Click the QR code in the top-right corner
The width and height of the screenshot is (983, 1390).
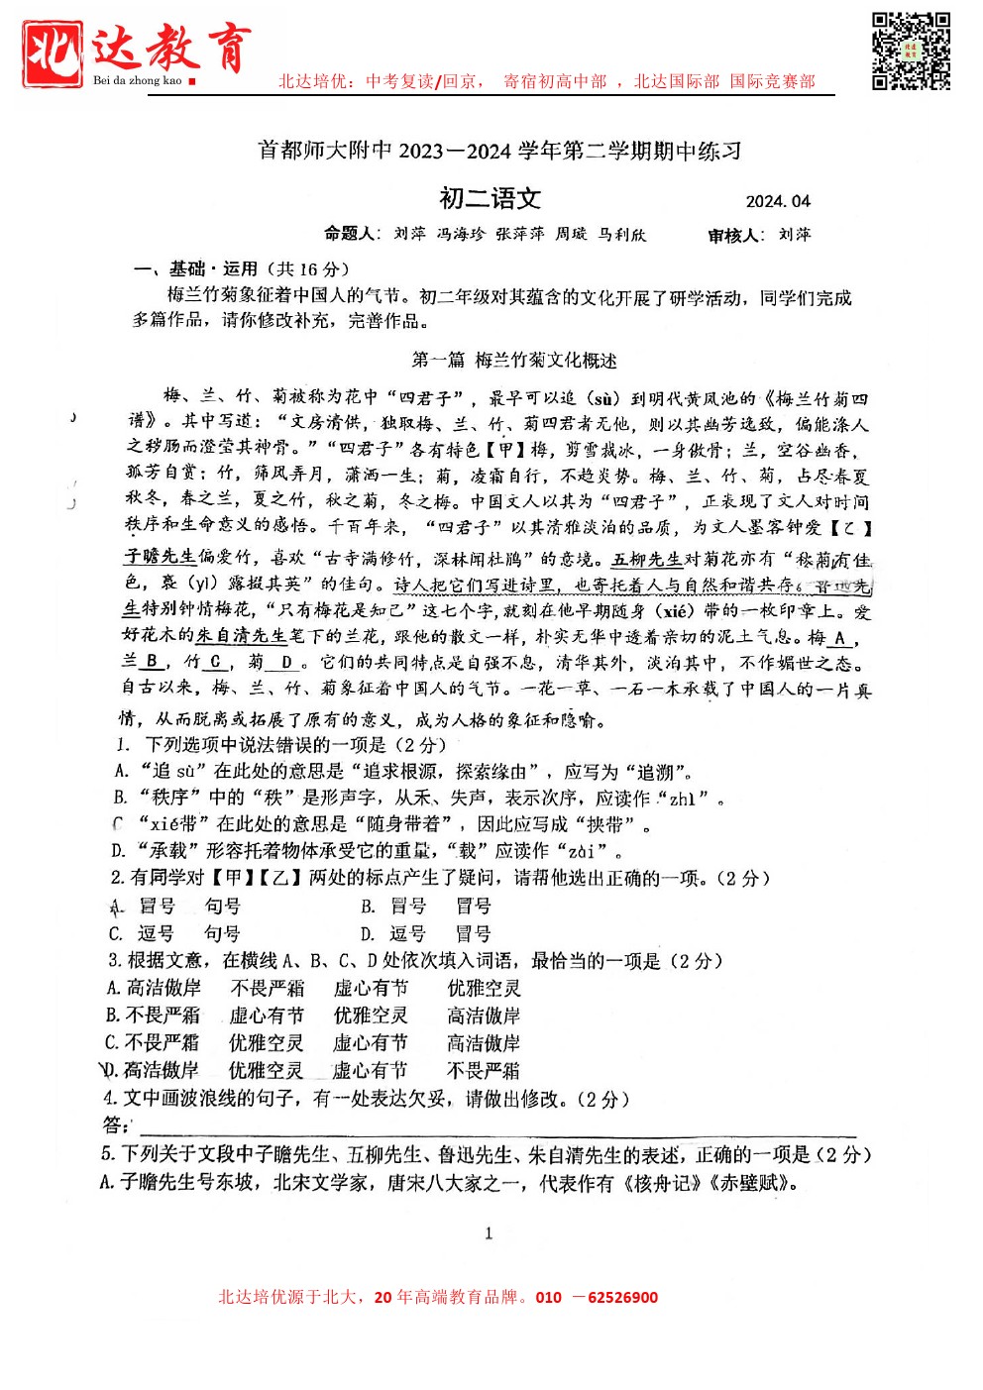911,51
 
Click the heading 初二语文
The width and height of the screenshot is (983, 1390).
491,199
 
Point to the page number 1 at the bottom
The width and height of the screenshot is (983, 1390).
489,1233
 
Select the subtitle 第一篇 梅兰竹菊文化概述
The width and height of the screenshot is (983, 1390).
514,360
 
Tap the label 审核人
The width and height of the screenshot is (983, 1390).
735,236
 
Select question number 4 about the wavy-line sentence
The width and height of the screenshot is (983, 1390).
111,1098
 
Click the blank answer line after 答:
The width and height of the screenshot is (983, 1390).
495,1127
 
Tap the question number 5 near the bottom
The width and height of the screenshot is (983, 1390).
107,1154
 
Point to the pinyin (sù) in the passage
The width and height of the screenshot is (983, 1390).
603,399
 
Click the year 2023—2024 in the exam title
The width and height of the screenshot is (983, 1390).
454,152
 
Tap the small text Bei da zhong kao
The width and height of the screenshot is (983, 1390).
138,80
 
